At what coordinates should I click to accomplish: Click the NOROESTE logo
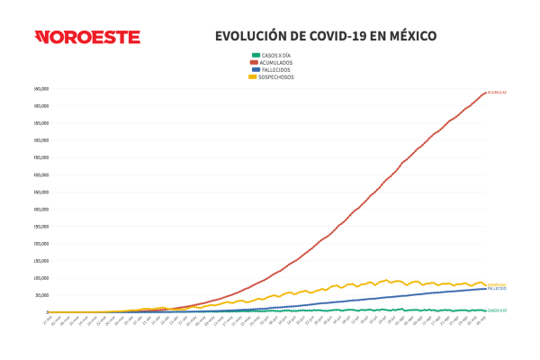(87, 37)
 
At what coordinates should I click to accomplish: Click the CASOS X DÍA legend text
(276, 56)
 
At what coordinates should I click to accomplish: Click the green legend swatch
(255, 56)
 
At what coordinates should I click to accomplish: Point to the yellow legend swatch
(255, 77)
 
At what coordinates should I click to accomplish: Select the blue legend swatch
(255, 70)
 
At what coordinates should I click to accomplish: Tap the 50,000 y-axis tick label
(41, 295)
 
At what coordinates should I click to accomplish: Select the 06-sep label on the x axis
(483, 319)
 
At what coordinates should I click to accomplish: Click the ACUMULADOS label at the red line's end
(498, 93)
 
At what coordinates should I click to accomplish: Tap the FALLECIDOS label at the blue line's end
(498, 289)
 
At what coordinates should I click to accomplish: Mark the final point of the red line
(486, 92)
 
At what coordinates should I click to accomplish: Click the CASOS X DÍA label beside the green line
(498, 310)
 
